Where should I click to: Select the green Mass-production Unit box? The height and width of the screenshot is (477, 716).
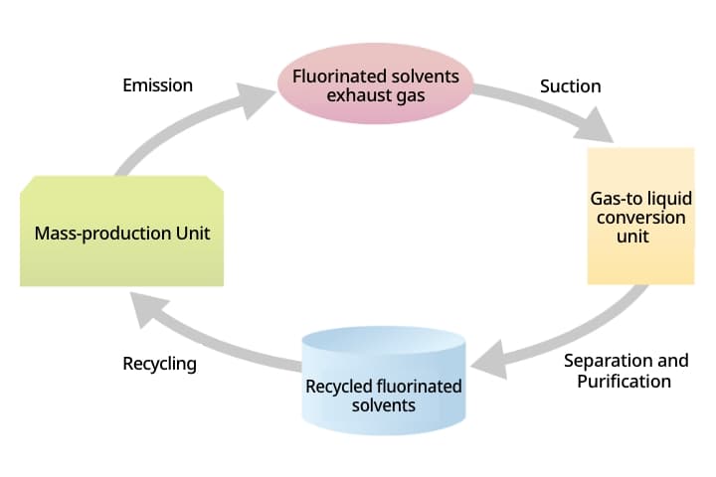122,232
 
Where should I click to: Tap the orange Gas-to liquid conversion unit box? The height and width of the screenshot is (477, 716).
640,216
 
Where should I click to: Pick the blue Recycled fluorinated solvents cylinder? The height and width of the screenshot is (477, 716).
384,383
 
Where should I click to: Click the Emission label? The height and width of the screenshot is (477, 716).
157,85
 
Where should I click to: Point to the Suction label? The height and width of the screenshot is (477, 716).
570,86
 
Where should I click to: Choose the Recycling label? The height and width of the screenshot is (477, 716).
159,364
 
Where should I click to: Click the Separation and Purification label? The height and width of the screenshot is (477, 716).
626,371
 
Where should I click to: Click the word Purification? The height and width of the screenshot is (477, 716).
624,381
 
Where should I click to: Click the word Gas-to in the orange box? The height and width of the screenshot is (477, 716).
616,199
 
